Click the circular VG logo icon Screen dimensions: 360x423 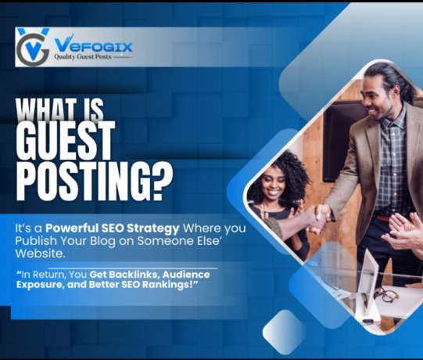(x=32, y=46)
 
